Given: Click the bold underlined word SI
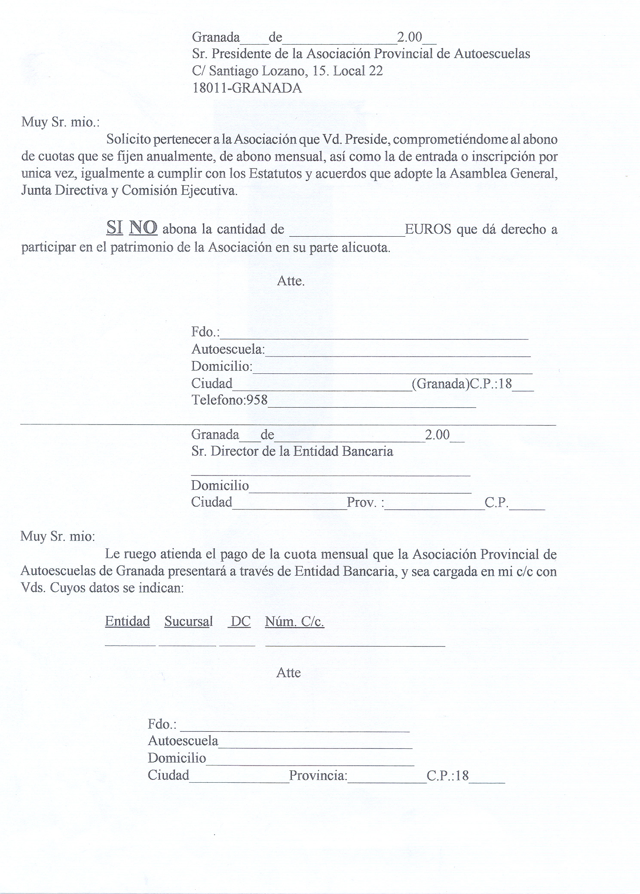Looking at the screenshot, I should (114, 228).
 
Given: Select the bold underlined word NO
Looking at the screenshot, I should (143, 228).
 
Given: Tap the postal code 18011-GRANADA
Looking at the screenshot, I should (247, 88).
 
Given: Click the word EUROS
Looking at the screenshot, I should (428, 229).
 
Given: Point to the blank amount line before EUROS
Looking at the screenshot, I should (347, 235).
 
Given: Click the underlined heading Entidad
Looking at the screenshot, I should (127, 621).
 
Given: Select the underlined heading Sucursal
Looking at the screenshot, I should (188, 621).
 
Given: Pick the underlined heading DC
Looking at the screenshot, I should (240, 621).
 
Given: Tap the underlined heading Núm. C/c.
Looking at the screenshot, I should (294, 621).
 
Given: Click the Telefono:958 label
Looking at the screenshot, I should (230, 400).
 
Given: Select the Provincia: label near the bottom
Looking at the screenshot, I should (318, 775).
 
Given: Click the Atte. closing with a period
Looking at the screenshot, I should (291, 281).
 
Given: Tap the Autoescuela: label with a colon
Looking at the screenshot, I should (228, 349).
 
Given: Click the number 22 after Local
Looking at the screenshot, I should (376, 71).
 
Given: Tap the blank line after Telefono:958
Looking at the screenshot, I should (372, 406).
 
